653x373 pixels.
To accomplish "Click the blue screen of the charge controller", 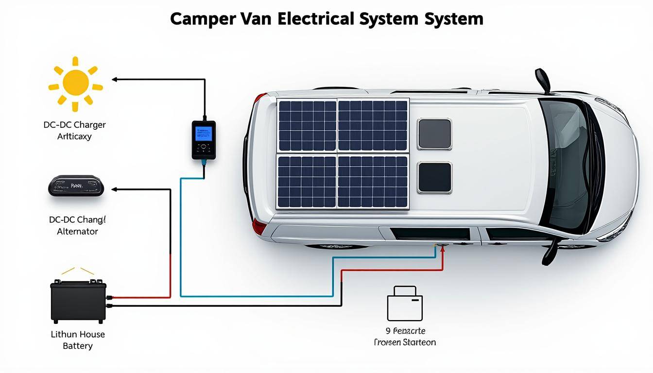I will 203,134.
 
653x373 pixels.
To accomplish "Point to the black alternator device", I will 76,186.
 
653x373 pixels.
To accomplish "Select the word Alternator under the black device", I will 77,232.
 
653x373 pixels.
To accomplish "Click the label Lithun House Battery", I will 78,340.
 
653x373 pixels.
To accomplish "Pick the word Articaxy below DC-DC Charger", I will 74,136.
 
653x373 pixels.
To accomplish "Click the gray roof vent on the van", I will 435,134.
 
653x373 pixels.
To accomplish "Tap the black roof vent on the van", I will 435,177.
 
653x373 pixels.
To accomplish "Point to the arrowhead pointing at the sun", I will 115,79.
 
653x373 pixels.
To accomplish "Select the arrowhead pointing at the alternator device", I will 115,189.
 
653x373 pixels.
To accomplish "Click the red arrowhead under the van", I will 443,249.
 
